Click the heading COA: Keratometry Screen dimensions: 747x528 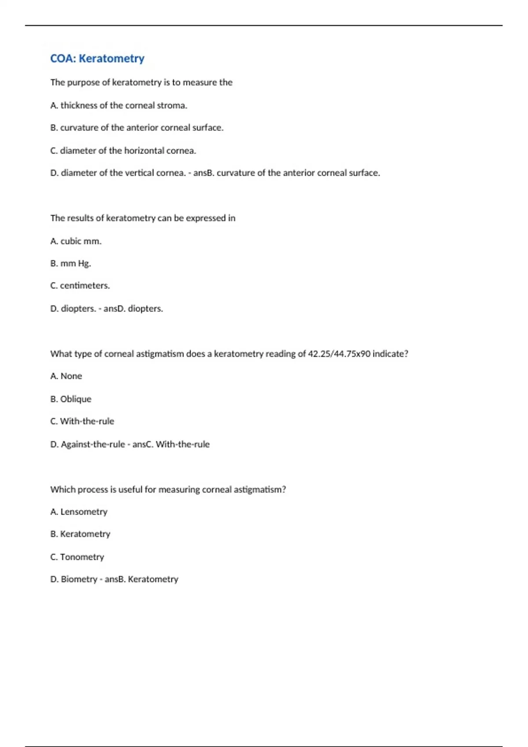pos(97,58)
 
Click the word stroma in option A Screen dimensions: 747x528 pos(172,105)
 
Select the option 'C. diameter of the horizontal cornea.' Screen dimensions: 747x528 pos(123,151)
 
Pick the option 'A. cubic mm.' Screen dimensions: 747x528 pos(76,241)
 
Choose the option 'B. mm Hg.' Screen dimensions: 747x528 pos(70,264)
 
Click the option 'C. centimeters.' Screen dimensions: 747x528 pos(80,286)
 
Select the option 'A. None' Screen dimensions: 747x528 pos(66,376)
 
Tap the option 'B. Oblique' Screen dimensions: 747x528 pos(71,399)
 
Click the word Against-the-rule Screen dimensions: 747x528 pos(93,444)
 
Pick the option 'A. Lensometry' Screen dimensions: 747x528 pos(79,512)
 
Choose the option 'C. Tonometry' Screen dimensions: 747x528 pos(77,557)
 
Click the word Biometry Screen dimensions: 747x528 pos(79,580)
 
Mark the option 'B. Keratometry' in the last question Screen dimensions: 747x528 pos(80,534)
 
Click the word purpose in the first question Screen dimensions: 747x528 pos(83,83)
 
